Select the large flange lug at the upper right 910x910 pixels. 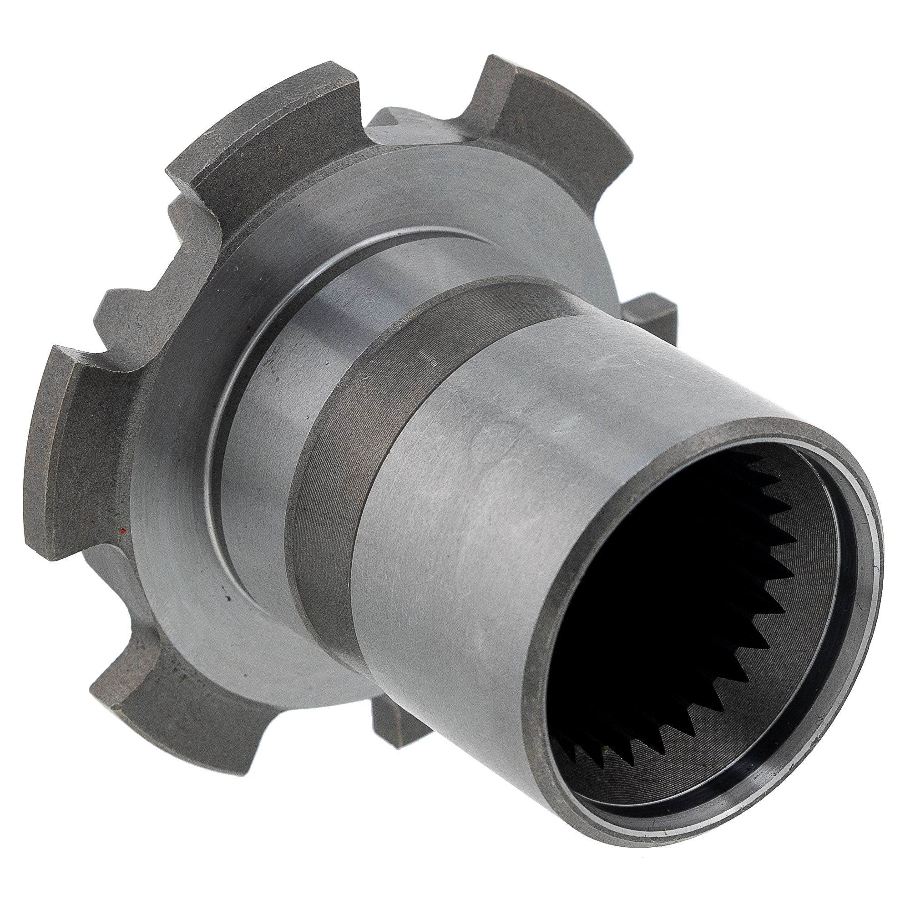(x=556, y=118)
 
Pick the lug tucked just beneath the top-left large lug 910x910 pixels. (x=198, y=222)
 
